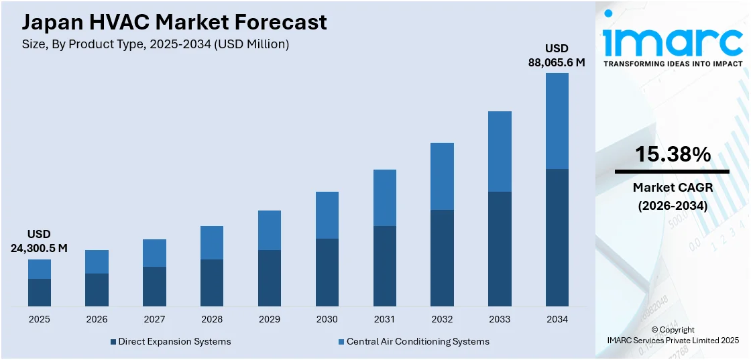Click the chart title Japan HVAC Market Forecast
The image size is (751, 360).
174,22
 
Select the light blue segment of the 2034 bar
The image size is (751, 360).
557,121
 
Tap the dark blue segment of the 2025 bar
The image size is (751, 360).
40,293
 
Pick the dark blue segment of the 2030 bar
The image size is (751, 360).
327,273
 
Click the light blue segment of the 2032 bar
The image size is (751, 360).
442,176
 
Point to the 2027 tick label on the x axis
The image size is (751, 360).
154,319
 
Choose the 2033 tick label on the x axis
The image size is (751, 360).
500,319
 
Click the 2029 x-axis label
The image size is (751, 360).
270,319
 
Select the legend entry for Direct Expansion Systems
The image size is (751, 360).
174,341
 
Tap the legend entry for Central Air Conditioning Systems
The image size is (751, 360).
418,341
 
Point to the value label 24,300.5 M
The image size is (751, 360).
39,248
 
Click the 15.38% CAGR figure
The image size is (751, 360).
673,155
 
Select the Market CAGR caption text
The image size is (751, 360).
673,188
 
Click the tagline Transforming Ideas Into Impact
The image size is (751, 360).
673,64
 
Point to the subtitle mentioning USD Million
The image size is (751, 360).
156,44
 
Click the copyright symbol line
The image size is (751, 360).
673,330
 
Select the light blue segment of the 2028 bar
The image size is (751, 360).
212,243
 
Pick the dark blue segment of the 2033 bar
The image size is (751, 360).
500,249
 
